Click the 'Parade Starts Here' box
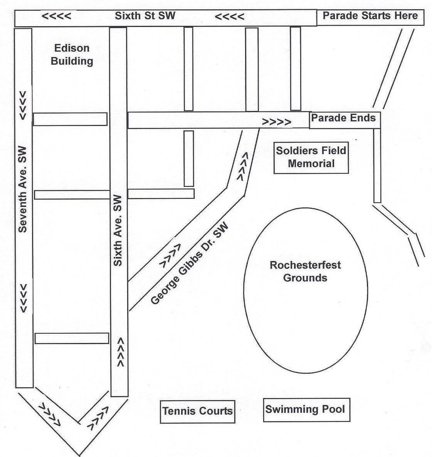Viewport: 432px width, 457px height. [x=370, y=17]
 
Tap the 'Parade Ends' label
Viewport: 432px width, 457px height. [x=343, y=118]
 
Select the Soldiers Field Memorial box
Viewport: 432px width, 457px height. [x=311, y=157]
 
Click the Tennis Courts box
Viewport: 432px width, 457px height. [x=197, y=411]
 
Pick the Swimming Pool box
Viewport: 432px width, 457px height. [x=305, y=409]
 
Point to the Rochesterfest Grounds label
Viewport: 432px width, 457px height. [x=305, y=271]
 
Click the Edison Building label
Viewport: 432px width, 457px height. [x=72, y=54]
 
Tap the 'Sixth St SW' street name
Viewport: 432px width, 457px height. [x=145, y=16]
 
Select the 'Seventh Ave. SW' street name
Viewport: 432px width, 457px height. [x=23, y=189]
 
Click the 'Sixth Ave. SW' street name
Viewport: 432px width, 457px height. [x=118, y=230]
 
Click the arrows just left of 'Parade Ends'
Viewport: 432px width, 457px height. [x=277, y=122]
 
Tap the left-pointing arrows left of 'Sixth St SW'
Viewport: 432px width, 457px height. [x=56, y=17]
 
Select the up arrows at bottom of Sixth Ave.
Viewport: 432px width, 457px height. [x=120, y=352]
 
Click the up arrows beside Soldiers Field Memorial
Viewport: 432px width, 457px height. [x=242, y=166]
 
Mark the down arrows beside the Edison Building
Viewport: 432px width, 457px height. [x=23, y=105]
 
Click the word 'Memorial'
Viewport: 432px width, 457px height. [x=311, y=163]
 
